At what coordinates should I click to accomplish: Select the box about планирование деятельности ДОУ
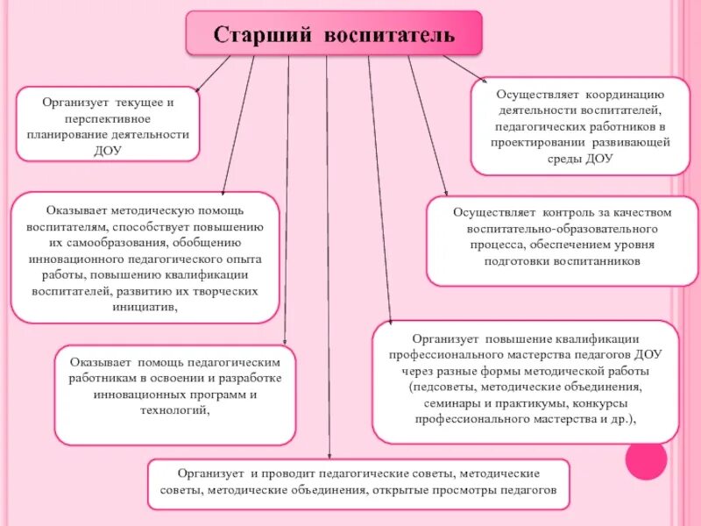109,124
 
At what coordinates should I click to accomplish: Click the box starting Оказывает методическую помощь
145,258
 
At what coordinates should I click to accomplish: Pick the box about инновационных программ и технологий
175,394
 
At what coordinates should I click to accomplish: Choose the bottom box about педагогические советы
358,483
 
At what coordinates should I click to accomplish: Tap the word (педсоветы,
437,387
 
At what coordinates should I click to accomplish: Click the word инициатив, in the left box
145,307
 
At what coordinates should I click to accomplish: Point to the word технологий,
175,410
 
